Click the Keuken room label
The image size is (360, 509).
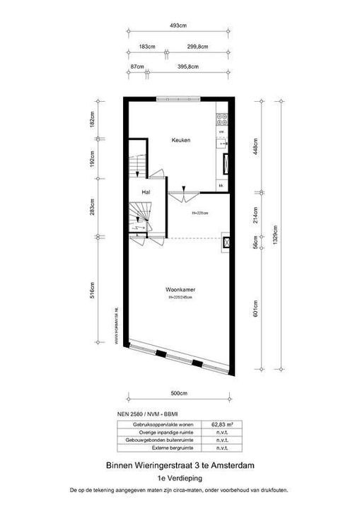[181, 140]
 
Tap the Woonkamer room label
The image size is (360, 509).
[180, 291]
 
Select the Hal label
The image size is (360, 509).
[146, 192]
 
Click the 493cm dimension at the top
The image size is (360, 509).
[178, 25]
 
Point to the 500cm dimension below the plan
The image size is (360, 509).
[178, 393]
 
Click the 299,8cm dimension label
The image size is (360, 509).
[198, 47]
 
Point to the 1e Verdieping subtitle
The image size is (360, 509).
[179, 477]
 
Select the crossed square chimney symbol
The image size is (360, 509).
[226, 242]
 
